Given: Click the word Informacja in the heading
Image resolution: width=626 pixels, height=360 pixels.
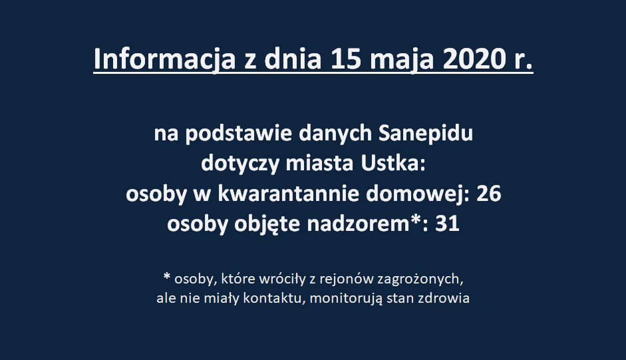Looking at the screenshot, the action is pos(164,59).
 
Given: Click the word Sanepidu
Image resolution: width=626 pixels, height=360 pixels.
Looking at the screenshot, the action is pos(426,134).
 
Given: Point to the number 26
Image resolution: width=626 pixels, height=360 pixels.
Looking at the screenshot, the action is pos(489,194).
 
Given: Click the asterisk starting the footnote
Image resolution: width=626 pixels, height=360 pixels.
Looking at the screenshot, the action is pos(167,276).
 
